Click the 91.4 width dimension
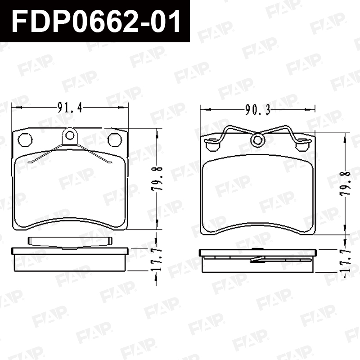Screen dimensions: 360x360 [70, 108]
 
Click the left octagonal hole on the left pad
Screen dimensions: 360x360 [25, 139]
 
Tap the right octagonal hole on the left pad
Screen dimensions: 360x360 [115, 139]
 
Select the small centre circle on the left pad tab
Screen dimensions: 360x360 [70, 135]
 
